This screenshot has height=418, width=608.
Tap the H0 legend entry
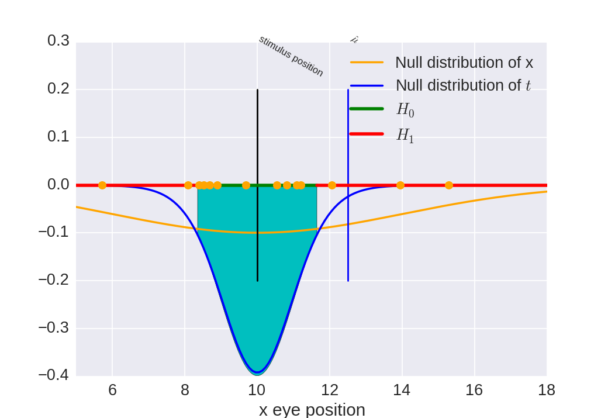point(405,109)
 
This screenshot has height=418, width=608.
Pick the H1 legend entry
point(405,135)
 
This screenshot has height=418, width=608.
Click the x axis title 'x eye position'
point(312,409)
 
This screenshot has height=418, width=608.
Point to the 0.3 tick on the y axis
point(58,41)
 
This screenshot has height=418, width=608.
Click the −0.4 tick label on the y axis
point(54,374)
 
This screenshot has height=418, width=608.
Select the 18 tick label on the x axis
point(546,390)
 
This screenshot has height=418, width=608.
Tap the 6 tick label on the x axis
point(112,390)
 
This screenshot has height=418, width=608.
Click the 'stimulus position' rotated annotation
point(291,56)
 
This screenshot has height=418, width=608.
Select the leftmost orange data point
point(102,185)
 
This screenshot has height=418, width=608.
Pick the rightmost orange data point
point(449,185)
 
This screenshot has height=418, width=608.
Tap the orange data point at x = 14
point(400,185)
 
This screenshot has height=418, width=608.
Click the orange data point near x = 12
point(332,185)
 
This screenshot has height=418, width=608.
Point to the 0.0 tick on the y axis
point(58,185)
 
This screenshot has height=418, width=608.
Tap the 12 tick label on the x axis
point(329,390)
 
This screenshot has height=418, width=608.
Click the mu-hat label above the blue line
point(354,40)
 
